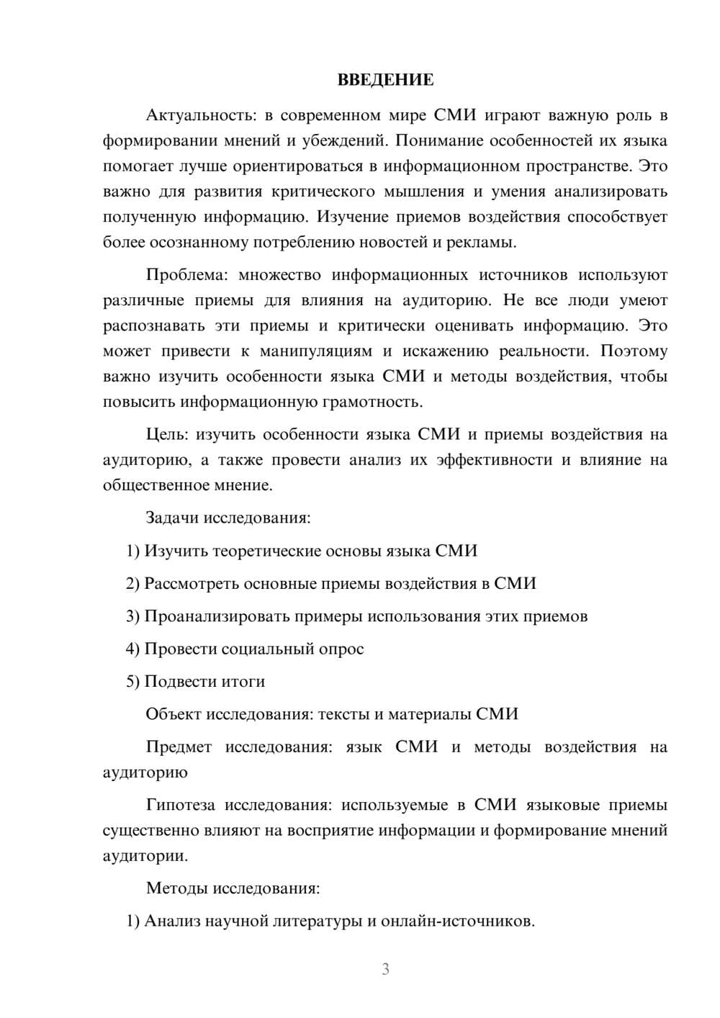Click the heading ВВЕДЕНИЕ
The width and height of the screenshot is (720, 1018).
385,80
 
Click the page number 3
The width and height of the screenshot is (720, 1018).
385,969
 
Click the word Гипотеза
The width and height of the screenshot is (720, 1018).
180,805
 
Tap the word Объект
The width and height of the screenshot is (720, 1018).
174,714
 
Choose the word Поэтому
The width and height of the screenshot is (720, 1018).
634,351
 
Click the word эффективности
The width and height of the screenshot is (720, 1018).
494,459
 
